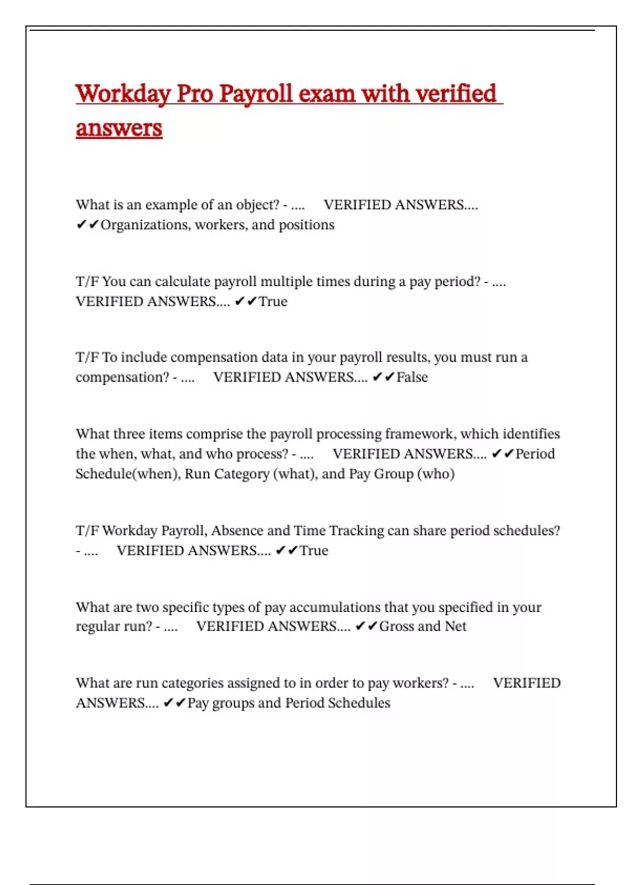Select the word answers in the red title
coord(119,128)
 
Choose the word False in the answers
coord(412,377)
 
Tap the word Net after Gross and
coord(456,626)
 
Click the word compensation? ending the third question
coord(122,377)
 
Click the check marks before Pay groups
coord(174,703)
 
